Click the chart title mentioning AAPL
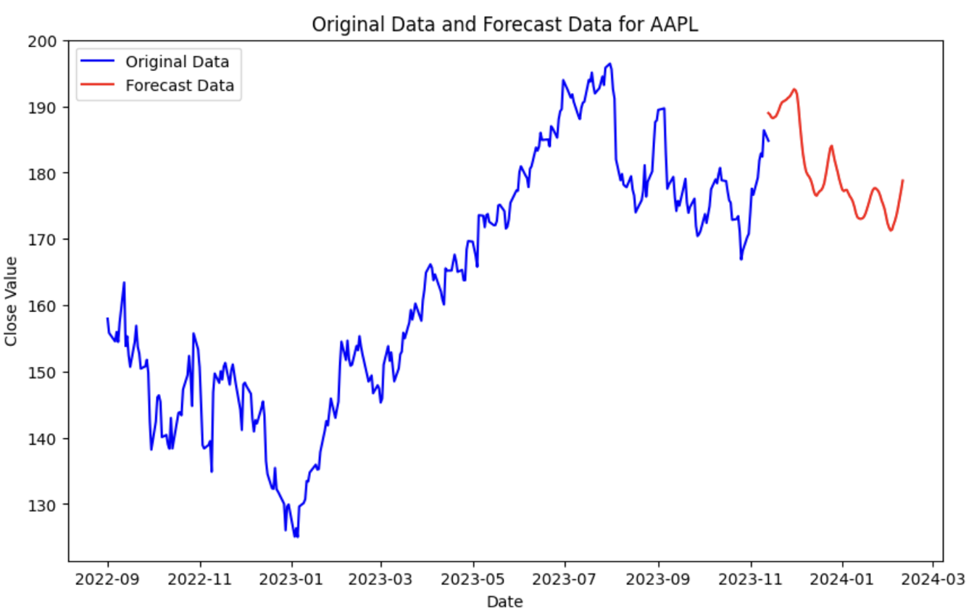pos(505,24)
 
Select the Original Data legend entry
pos(177,61)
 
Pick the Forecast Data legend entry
pos(180,86)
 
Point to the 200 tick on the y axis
pos(49,41)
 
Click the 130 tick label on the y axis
pos(49,505)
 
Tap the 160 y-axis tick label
pos(49,306)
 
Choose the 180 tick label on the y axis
pos(49,173)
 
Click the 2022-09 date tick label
pos(108,581)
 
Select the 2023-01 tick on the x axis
pos(292,581)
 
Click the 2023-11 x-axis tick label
pos(751,581)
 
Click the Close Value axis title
pos(12,301)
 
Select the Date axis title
pos(504,600)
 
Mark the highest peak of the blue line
pos(609,64)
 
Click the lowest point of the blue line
pos(296,537)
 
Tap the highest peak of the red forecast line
pos(794,89)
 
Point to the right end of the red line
pos(903,180)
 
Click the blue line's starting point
pos(107,318)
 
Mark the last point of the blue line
pos(768,141)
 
